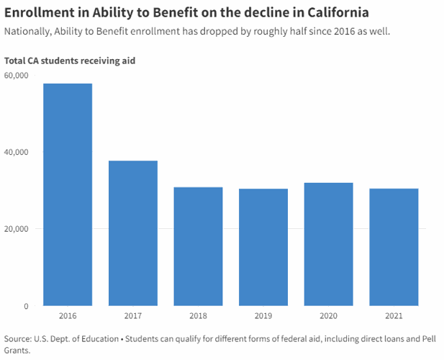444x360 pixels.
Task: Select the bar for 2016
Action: [68, 194]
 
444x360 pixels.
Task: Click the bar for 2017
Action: [133, 233]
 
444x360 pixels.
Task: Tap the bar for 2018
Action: [198, 246]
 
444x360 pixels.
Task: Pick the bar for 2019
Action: [263, 247]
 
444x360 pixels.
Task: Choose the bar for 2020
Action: [328, 244]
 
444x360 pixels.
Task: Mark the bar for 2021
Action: [394, 247]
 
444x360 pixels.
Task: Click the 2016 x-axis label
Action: [68, 316]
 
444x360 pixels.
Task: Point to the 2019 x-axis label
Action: [263, 316]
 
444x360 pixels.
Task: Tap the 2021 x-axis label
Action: [394, 316]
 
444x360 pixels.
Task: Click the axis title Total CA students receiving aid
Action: [70, 60]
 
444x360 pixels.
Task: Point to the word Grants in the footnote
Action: [19, 351]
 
